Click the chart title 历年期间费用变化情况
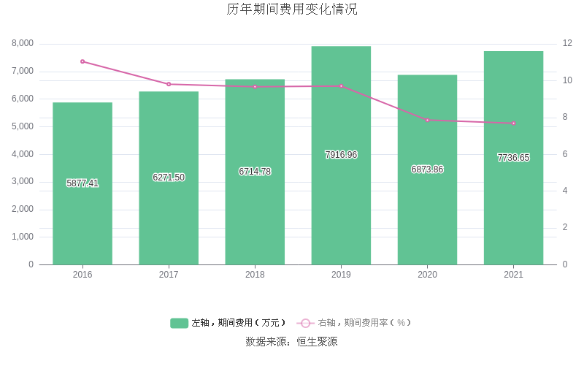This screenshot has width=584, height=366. [292, 10]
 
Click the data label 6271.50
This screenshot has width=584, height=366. [169, 178]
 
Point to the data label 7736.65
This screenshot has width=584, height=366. [513, 158]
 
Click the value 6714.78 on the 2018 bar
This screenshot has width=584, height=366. [255, 172]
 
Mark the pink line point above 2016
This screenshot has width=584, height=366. [82, 61]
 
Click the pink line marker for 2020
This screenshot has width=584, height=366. [427, 120]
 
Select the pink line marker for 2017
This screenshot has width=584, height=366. [169, 84]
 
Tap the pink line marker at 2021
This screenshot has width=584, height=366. [513, 123]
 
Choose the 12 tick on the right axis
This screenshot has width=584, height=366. [567, 43]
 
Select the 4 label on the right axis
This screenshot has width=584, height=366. [565, 191]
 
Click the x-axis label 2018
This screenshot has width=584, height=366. [255, 275]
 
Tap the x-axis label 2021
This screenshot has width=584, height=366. [513, 275]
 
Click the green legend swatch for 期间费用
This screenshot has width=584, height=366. [179, 323]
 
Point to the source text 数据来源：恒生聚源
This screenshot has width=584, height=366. [291, 341]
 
